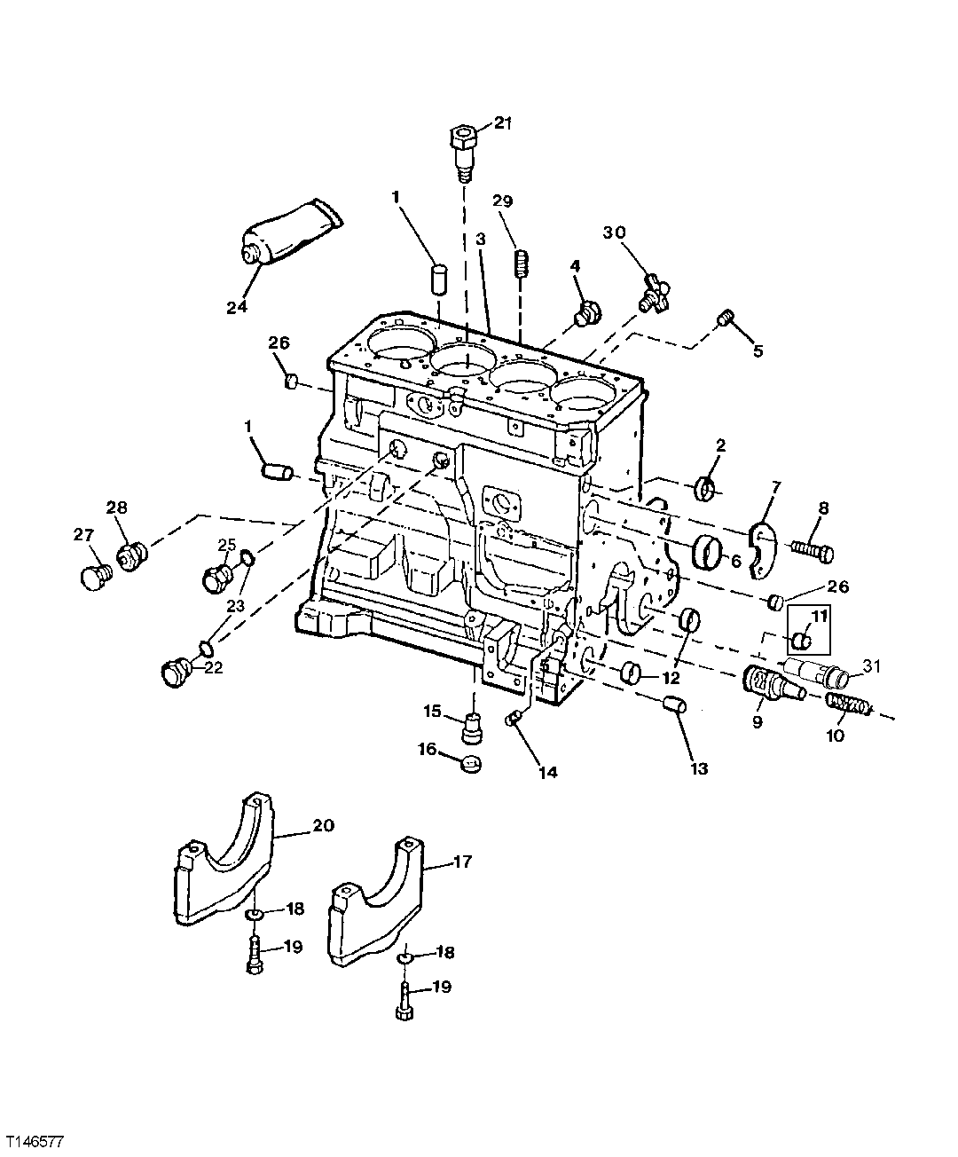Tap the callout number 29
point(503,202)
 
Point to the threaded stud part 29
point(522,263)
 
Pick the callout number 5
point(757,350)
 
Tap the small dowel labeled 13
point(676,707)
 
